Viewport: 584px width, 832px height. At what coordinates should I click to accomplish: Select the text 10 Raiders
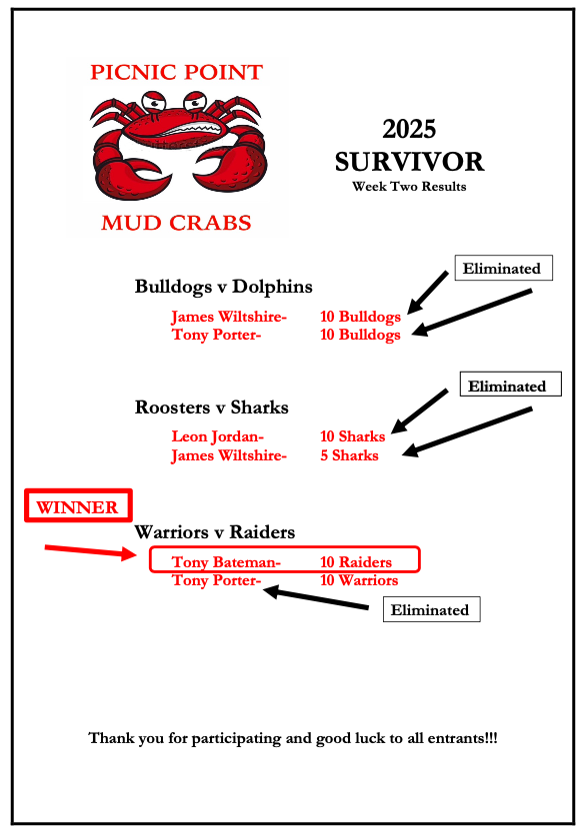click(356, 562)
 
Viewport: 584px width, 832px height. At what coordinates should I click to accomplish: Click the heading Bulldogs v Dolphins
click(224, 287)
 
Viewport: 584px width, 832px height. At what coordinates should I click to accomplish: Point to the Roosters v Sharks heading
click(211, 407)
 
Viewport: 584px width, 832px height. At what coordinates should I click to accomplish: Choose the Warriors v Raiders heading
click(215, 531)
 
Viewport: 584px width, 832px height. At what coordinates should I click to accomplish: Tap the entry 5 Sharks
click(349, 455)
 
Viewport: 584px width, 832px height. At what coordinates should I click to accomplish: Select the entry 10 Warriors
click(359, 580)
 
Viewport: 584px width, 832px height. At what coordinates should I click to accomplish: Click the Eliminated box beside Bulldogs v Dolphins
click(503, 268)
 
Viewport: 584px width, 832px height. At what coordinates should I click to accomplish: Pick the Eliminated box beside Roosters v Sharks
click(510, 385)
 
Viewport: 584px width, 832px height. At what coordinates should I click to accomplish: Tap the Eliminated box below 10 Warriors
click(431, 609)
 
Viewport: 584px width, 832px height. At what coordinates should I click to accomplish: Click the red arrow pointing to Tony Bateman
click(91, 551)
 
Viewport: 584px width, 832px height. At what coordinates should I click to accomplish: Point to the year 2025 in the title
click(409, 129)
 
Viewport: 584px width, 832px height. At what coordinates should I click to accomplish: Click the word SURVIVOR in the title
click(409, 162)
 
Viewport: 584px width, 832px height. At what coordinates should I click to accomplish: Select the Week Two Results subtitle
click(409, 186)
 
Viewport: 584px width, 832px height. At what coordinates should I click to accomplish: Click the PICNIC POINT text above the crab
click(176, 72)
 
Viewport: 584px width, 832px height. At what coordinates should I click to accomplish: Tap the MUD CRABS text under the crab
click(176, 223)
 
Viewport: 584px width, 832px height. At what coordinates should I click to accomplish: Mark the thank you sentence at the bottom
click(293, 738)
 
